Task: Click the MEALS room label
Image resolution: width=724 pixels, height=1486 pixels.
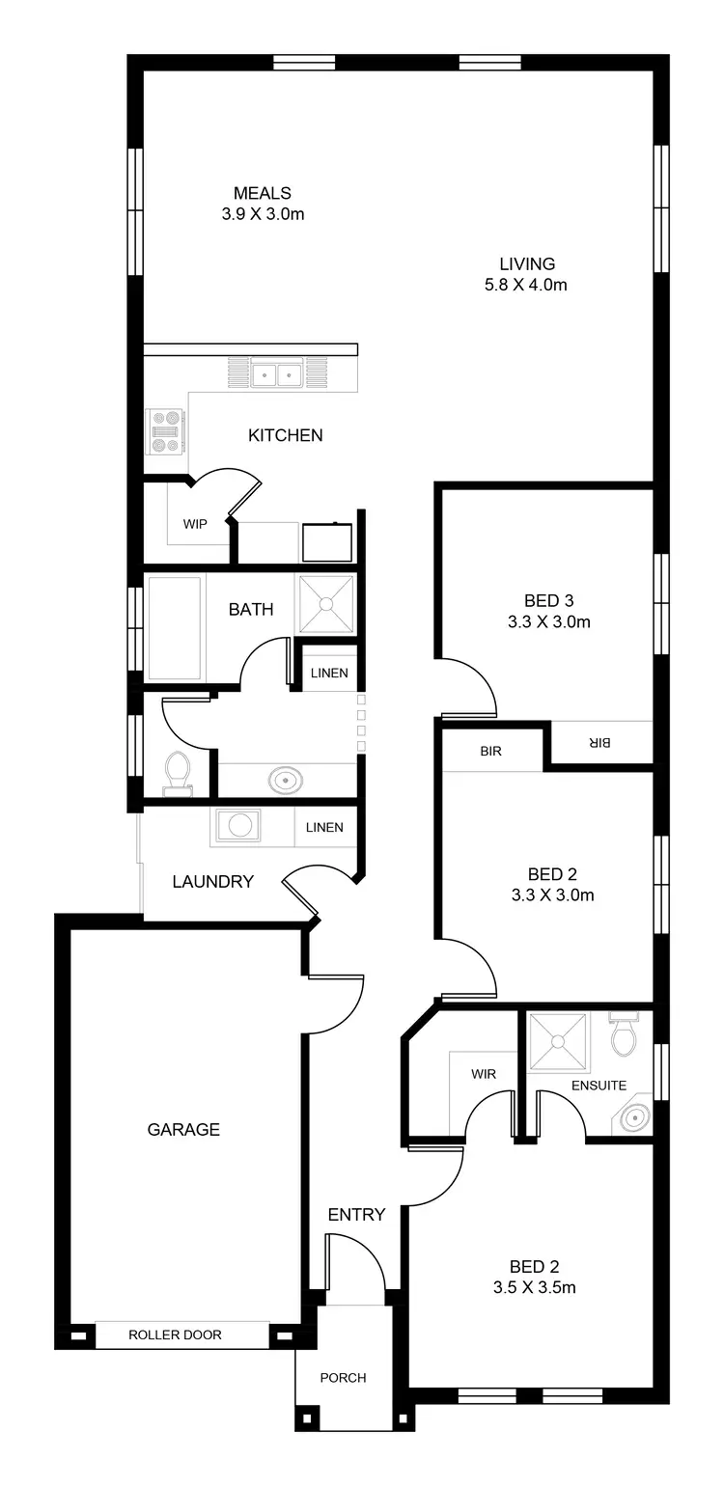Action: (x=262, y=194)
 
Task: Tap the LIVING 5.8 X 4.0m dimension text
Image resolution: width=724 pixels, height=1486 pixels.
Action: (x=526, y=286)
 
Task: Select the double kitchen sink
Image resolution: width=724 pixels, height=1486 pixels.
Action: (x=277, y=373)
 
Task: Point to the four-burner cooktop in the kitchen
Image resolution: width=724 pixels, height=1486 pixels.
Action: (x=165, y=432)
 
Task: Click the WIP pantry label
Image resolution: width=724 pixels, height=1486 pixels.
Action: (x=195, y=525)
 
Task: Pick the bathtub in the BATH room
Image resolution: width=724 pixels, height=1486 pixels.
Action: (x=175, y=627)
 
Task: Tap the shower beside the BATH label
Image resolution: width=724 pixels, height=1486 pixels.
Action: (x=325, y=605)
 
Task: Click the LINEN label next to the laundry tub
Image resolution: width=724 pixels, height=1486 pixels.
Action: (x=324, y=828)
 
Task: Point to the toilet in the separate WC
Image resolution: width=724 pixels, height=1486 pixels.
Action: (x=177, y=772)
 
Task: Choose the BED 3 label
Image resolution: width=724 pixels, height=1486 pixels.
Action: (x=548, y=601)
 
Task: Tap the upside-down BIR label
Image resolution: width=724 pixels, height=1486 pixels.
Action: (x=599, y=743)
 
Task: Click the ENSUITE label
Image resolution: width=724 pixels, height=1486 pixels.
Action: (x=599, y=1086)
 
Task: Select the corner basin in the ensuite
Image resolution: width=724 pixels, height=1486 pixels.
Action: (x=633, y=1118)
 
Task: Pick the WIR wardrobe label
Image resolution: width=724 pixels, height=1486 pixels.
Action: (x=484, y=1073)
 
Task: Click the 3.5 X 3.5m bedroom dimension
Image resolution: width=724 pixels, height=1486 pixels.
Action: (x=548, y=1287)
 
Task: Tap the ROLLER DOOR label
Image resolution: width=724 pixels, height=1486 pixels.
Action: (x=175, y=1335)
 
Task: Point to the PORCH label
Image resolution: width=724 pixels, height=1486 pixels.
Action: (x=344, y=1378)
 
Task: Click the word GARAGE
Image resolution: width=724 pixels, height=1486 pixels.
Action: (x=183, y=1129)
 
